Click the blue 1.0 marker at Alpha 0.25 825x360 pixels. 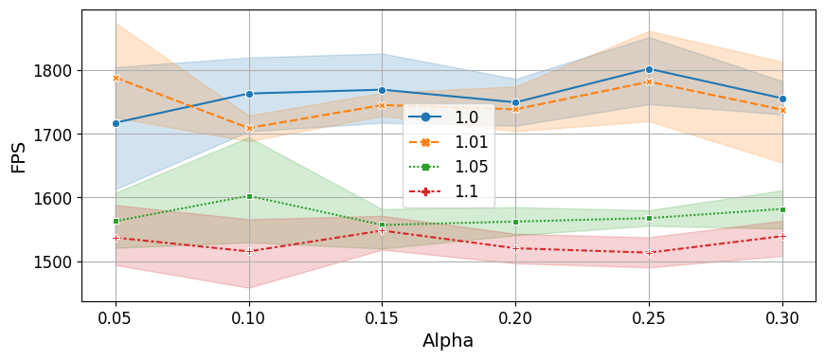649,69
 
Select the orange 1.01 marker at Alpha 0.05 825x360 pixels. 117,79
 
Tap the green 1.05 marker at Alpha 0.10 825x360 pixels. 249,196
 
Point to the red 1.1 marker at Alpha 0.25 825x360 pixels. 649,253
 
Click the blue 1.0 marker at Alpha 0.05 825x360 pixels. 117,124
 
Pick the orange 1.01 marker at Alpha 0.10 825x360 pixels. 249,129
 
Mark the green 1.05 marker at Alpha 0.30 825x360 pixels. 782,210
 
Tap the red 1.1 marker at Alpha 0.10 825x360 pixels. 249,252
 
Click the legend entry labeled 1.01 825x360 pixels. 448,143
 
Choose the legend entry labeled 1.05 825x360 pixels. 448,168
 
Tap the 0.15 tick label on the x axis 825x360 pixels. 383,318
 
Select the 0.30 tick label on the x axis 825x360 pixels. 782,318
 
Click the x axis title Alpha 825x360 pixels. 448,341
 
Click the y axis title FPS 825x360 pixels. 17,155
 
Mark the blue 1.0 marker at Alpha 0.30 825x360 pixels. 782,99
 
